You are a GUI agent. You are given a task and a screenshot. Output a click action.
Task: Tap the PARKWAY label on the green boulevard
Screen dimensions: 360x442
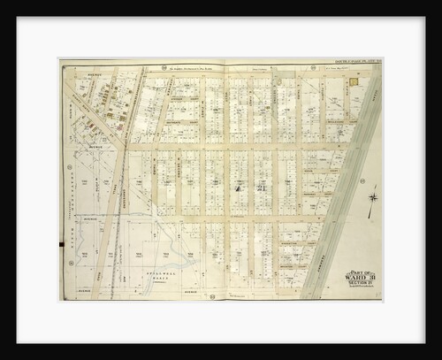click(329, 257)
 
